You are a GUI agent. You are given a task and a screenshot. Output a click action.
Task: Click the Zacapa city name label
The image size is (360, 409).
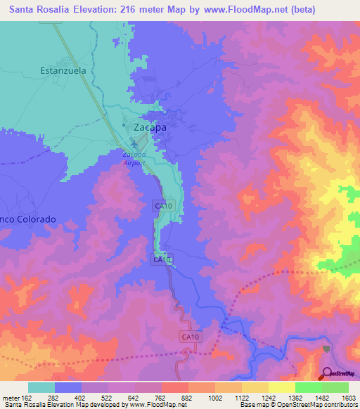[x=150, y=127]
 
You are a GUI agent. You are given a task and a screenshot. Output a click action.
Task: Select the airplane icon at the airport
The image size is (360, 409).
[x=134, y=145]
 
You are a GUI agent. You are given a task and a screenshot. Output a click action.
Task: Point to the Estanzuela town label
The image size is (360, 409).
[x=63, y=70]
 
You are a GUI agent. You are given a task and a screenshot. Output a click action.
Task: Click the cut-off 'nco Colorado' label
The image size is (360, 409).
[x=27, y=219]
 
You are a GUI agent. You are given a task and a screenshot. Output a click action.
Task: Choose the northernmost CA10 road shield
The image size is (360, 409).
[x=162, y=205]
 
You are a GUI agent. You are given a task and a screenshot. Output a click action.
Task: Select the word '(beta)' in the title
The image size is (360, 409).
[x=299, y=10]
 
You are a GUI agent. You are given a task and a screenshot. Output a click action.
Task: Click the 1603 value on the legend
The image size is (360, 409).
[x=348, y=398]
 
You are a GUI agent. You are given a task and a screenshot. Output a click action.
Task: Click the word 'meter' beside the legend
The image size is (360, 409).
[x=10, y=398]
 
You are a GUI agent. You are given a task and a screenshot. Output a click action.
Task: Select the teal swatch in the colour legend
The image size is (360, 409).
[x=41, y=387]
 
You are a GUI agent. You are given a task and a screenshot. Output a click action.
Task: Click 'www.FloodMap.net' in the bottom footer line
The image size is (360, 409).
[x=154, y=405]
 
